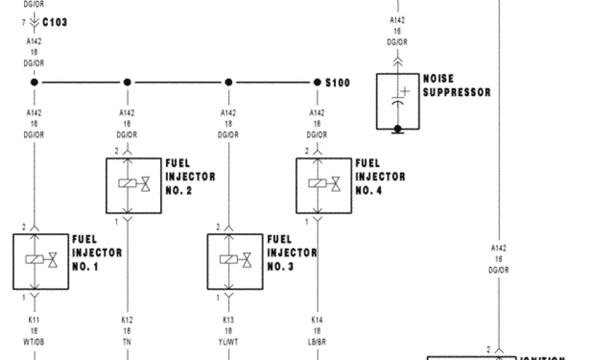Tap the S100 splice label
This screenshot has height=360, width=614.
click(338, 82)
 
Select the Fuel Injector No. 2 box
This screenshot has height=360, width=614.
click(134, 185)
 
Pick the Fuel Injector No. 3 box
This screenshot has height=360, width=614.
click(235, 261)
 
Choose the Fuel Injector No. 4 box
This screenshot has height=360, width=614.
click(324, 185)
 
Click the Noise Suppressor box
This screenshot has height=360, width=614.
click(398, 101)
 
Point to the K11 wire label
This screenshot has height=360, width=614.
click(34, 320)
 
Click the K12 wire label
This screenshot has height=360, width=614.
click(127, 320)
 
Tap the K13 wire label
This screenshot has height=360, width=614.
click(228, 320)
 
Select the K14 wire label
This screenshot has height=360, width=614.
click(317, 320)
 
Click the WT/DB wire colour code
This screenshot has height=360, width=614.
click(34, 341)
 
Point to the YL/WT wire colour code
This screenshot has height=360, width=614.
click(228, 341)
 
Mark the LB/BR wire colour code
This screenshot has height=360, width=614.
click(317, 341)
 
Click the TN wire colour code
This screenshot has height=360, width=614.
click(127, 341)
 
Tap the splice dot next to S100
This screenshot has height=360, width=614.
click(317, 82)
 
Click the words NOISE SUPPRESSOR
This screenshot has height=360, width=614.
click(456, 86)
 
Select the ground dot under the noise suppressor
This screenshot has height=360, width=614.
click(397, 128)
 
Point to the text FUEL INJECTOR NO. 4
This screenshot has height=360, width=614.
click(380, 177)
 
